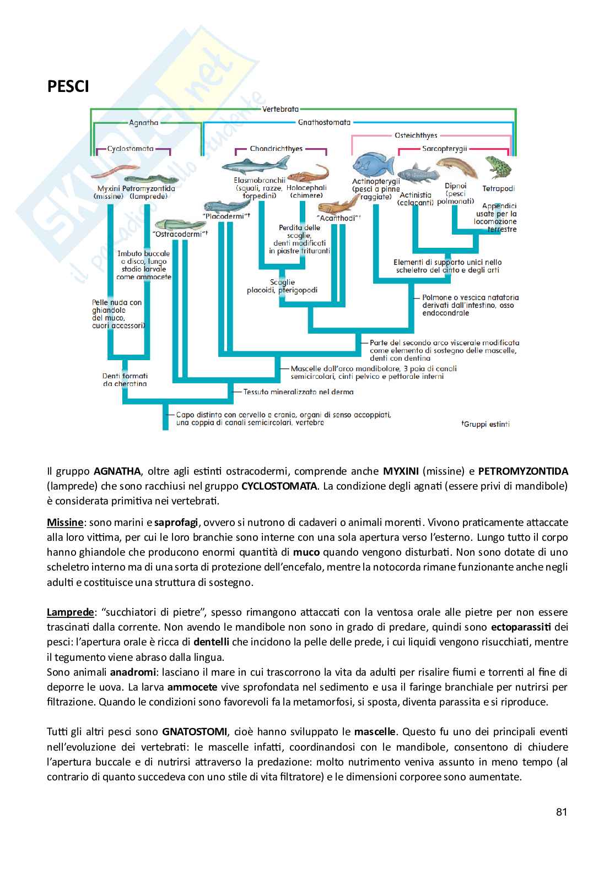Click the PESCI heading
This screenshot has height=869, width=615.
click(68, 86)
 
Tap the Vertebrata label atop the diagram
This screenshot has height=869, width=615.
click(281, 110)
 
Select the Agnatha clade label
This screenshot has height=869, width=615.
click(144, 123)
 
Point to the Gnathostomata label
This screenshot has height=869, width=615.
click(325, 123)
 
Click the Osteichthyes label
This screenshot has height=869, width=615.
click(416, 135)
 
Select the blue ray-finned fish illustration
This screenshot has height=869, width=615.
click(374, 164)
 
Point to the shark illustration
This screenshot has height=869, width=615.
click(255, 164)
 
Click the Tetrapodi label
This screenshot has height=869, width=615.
click(499, 188)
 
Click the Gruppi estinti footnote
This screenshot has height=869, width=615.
click(485, 424)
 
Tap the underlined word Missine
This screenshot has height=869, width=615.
click(64, 522)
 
